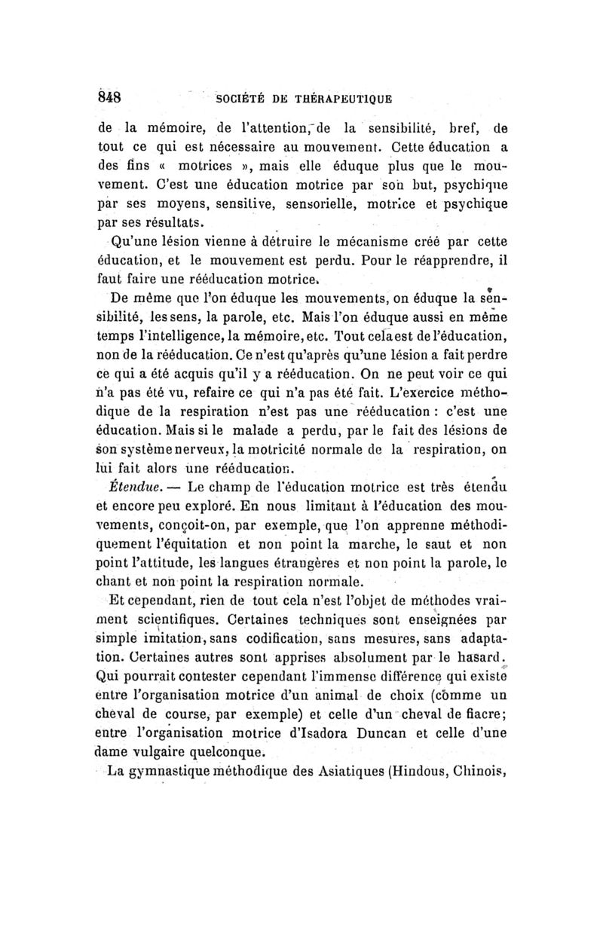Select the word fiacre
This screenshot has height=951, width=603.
tap(477, 711)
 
